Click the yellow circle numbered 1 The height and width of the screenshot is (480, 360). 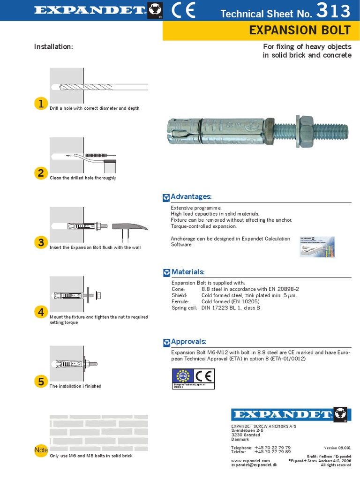(x=41, y=104)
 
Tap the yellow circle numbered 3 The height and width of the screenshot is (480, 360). (x=41, y=242)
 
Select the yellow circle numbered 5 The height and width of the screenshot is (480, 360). (x=41, y=382)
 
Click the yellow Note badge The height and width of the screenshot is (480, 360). (x=41, y=450)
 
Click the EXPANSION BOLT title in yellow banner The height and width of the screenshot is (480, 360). (x=300, y=30)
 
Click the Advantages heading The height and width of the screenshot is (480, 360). (x=191, y=196)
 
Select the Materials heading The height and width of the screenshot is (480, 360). (x=188, y=272)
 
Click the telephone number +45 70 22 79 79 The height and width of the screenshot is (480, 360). (x=272, y=448)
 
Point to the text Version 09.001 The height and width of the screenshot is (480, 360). (x=337, y=448)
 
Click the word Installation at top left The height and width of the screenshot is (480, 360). (x=53, y=47)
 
